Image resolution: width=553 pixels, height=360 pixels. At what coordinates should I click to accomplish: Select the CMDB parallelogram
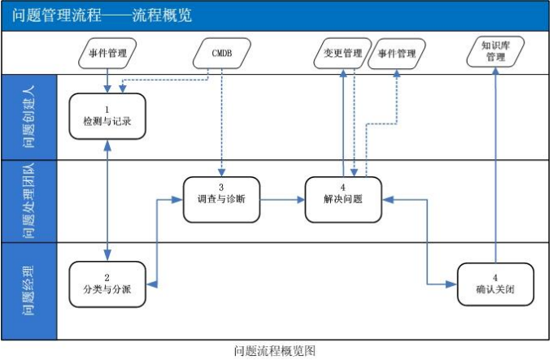tap(221, 54)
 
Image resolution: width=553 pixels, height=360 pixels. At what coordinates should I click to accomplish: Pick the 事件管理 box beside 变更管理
tap(396, 54)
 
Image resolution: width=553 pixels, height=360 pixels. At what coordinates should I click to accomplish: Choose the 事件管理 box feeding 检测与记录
tap(107, 54)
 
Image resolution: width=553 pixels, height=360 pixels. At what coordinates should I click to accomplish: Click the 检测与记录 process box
tap(107, 115)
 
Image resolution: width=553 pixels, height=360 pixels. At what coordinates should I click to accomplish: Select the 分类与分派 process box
tap(107, 283)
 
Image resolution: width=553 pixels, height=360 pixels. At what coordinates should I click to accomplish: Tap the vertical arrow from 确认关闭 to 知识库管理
tap(495, 163)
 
